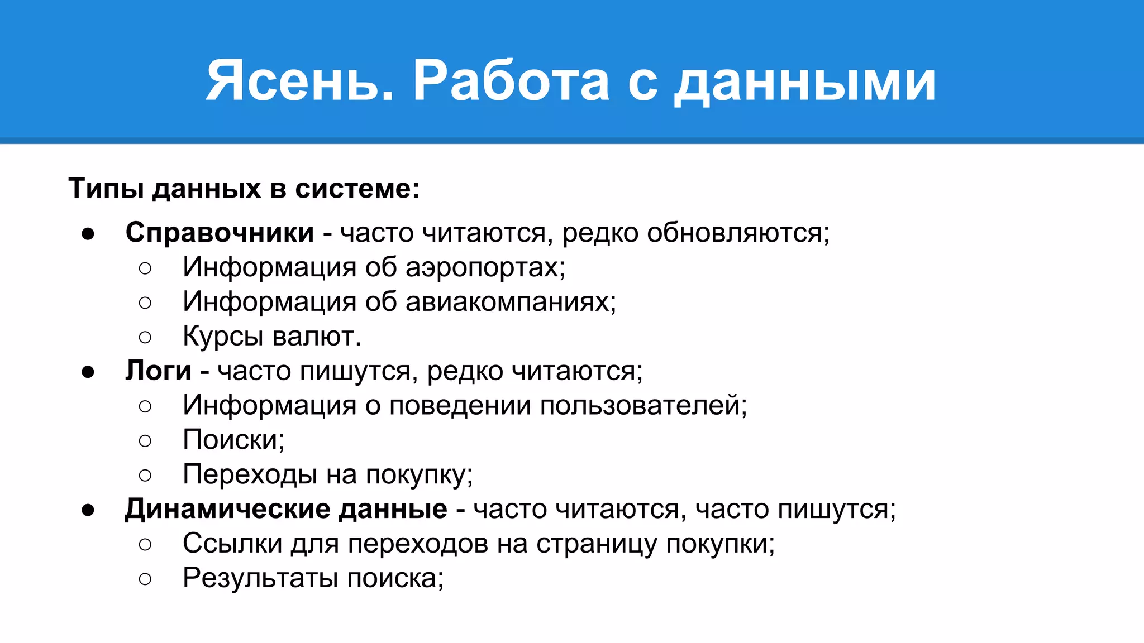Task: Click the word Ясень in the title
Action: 299,81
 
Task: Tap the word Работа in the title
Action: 511,81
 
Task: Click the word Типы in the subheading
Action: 106,189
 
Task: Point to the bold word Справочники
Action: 220,232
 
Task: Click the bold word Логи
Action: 158,371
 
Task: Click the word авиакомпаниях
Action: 511,302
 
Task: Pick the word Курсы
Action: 223,337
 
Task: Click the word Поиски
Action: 233,440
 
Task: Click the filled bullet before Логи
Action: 88,372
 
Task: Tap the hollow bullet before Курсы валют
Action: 145,337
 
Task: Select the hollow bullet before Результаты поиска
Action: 145,579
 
